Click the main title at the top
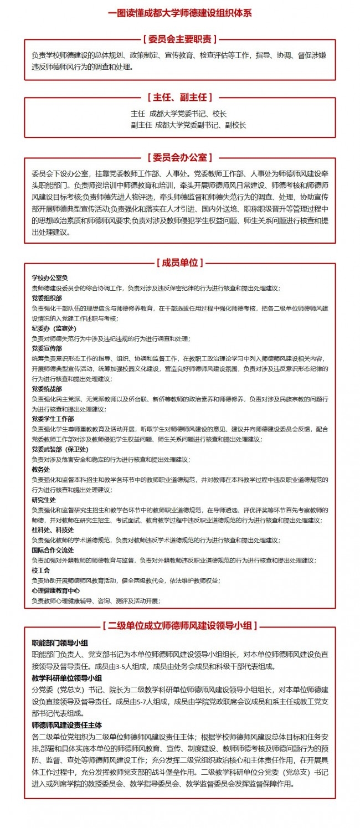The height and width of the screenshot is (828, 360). pyautogui.click(x=179, y=13)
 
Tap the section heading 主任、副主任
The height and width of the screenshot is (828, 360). pyautogui.click(x=179, y=97)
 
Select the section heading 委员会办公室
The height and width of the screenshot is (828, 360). pyautogui.click(x=179, y=157)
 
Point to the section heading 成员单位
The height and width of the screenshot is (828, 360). pyautogui.click(x=179, y=262)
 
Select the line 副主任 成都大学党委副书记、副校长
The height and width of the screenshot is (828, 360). pyautogui.click(x=188, y=125)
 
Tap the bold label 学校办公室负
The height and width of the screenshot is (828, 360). pyautogui.click(x=49, y=277)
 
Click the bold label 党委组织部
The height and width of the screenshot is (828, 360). pyautogui.click(x=47, y=298)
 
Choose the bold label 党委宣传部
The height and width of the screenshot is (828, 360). pyautogui.click(x=47, y=348)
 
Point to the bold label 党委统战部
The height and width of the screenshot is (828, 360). pyautogui.click(x=47, y=389)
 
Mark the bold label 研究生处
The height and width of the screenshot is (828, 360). pyautogui.click(x=44, y=500)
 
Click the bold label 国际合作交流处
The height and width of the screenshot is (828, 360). pyautogui.click(x=53, y=550)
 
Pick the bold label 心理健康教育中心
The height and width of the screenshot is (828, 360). pyautogui.click(x=55, y=590)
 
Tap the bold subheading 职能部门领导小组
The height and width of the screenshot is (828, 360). pyautogui.click(x=60, y=643)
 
